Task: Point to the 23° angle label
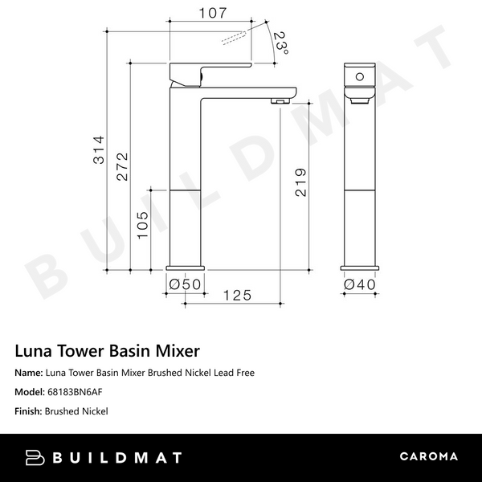280,43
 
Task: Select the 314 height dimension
98,148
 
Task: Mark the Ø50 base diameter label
185,283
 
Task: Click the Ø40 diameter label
360,283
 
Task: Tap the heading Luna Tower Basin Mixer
108,351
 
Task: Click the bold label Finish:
28,411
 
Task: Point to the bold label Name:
29,373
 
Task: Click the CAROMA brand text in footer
428,457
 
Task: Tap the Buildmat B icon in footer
36,457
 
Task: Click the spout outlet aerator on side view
278,101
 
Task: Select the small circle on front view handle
360,76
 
